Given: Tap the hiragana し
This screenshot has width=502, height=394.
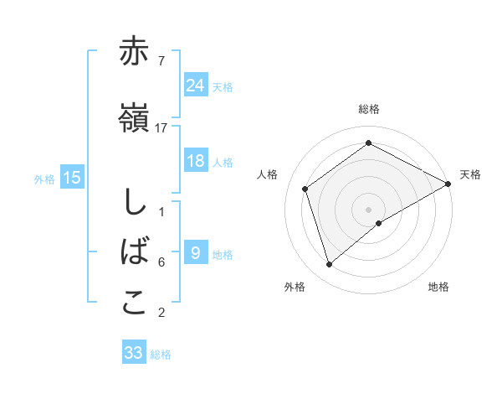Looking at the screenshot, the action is tap(134, 203).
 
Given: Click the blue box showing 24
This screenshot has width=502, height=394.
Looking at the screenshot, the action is tap(196, 85).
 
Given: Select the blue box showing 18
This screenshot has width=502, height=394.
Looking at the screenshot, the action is tap(196, 161).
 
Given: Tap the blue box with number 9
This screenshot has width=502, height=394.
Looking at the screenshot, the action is tap(196, 253).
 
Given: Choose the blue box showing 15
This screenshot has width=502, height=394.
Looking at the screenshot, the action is tap(72, 178).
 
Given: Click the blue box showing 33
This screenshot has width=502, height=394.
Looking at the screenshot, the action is tap(134, 353).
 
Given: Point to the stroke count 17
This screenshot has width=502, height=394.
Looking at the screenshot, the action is tap(161, 128).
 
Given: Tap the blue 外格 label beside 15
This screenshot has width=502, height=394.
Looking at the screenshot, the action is tap(44, 179).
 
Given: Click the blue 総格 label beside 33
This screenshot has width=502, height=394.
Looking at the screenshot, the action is tap(161, 355).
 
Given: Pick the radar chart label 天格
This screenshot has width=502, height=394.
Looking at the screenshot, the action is tap(470, 174).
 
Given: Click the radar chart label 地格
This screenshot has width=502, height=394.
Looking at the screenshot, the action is tap(438, 287).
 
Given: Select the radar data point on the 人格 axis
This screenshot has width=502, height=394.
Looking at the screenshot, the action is tap(305, 189).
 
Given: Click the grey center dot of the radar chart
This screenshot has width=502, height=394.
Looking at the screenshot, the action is tap(368, 209).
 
